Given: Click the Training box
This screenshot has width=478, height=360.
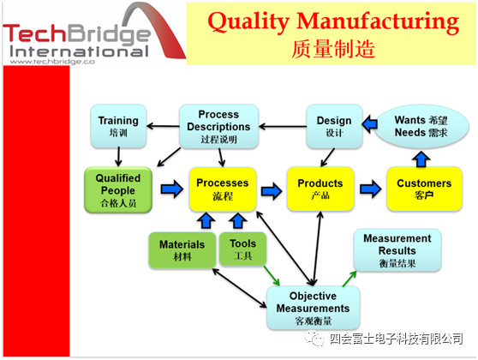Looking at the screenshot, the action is coord(118,126).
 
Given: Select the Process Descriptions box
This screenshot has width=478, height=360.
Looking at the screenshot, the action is coord(218,127).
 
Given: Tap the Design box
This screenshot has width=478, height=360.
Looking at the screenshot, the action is coord(334,126).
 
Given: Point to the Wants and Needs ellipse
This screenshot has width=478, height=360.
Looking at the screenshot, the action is coord(421,126).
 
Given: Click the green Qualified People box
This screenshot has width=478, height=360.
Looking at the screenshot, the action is coord(118,189).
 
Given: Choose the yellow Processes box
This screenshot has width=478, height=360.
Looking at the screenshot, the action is coord(223,189).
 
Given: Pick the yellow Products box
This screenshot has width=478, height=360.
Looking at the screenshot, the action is coord(320,189).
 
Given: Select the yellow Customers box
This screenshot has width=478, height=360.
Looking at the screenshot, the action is coord(424,189).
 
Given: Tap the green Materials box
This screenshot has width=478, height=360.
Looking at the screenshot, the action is coord(182,250).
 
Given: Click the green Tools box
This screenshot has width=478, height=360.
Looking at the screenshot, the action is coord(242,249).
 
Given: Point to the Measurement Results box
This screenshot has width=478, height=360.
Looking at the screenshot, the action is coord(397,250).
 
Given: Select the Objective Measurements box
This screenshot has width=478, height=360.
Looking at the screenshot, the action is coord(313,308).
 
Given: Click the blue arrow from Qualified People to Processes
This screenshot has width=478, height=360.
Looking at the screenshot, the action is coord(172,189).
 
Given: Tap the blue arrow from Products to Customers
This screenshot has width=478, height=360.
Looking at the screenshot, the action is coord(370,189).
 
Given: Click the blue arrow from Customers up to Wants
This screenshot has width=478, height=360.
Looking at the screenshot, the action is coord(421,159).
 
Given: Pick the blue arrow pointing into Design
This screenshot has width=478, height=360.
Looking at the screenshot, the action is coord(369,124).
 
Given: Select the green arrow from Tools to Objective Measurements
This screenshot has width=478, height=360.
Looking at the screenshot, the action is coord(272,276).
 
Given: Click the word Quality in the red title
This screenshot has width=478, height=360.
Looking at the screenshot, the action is coord(248,22).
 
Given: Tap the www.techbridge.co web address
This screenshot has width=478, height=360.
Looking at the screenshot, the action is coord(52,62).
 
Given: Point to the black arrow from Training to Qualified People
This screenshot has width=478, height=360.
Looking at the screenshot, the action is coord(118,157).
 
